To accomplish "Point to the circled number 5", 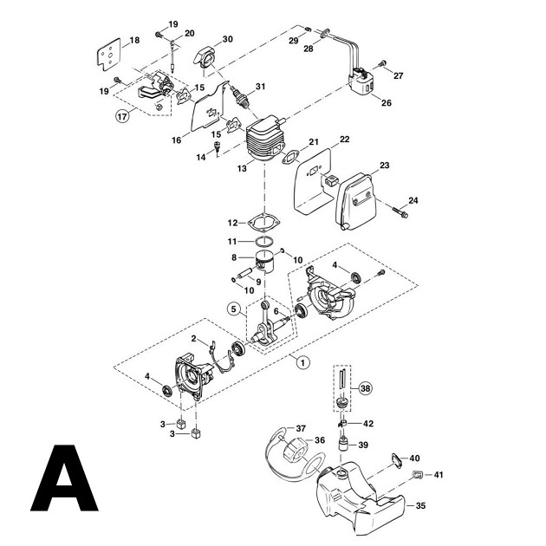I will (x=235, y=308).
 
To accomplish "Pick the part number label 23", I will (x=383, y=166).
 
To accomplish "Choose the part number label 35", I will (x=421, y=504).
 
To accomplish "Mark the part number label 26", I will (x=386, y=102).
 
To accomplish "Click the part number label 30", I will (x=227, y=39).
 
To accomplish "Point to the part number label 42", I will (x=368, y=424).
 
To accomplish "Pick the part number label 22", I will (x=344, y=139).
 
